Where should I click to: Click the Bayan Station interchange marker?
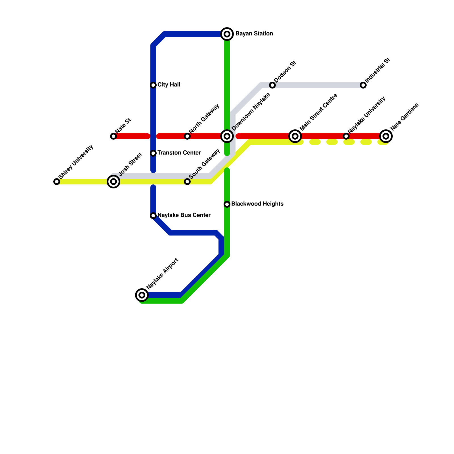(x=227, y=34)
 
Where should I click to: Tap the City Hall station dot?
(x=153, y=85)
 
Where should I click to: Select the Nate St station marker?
(x=113, y=136)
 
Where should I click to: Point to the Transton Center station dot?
(x=153, y=153)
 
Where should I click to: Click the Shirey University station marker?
(x=57, y=182)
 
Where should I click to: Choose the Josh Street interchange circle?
(x=113, y=182)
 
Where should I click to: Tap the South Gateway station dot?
(x=187, y=182)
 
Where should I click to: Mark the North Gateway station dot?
(x=187, y=136)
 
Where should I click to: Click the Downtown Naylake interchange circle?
(x=227, y=136)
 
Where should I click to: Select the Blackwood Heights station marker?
(x=227, y=204)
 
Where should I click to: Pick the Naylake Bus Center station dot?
(x=153, y=216)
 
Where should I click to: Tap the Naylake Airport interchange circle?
(x=142, y=295)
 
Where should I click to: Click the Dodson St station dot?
(x=272, y=85)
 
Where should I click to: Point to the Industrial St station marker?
(x=363, y=85)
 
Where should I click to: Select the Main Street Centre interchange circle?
(x=295, y=136)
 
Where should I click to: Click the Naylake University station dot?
(x=346, y=136)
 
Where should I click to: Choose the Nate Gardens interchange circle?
(x=386, y=136)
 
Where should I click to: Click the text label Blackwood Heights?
(x=257, y=204)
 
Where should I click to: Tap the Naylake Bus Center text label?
(x=184, y=215)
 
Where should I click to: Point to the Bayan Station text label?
(x=254, y=34)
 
